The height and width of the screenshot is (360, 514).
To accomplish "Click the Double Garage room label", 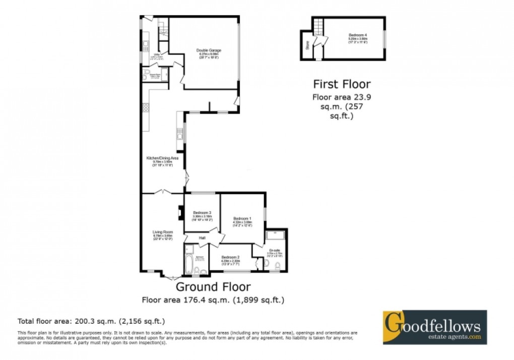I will [209, 50].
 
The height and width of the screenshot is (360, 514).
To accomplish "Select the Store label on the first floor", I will [306, 45].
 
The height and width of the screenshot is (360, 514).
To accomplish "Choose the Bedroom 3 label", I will [202, 213].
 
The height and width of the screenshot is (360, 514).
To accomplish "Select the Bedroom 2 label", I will [229, 257].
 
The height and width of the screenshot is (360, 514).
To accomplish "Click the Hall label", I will [202, 238].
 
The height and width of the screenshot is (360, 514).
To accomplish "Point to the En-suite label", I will [274, 251].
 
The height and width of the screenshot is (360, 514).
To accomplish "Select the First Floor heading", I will [342, 84].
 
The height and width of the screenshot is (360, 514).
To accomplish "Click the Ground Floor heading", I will [213, 287].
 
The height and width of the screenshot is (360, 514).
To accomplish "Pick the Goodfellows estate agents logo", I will [434, 327].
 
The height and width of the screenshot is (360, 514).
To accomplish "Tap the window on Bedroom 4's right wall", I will [385, 39].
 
